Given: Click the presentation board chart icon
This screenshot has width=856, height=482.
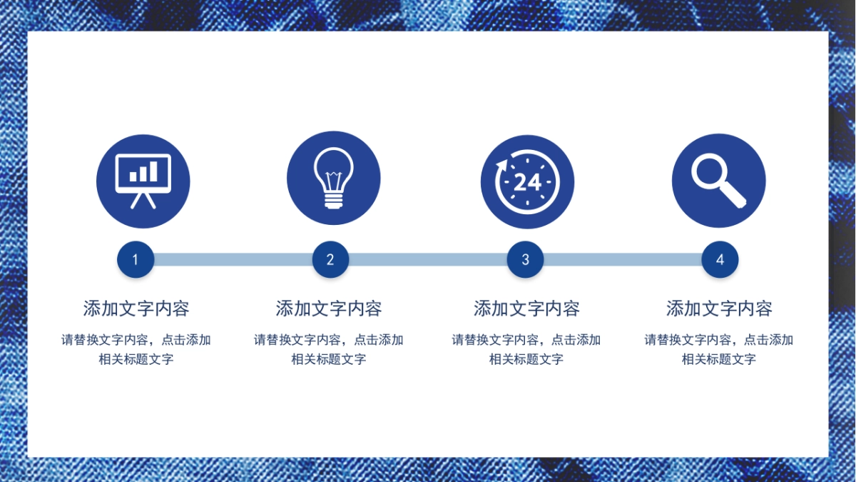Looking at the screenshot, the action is pos(143,181).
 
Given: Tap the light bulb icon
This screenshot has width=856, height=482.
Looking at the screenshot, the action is pos(333,179).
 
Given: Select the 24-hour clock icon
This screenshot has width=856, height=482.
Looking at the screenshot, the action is pos(527,181).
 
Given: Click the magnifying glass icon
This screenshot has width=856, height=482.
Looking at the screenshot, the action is pos(719,181).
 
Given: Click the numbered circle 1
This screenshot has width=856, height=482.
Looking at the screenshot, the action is pos(136,259).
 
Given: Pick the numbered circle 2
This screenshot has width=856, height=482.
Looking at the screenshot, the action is pos(330,259).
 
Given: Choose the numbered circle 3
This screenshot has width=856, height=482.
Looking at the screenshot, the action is pos(526,259).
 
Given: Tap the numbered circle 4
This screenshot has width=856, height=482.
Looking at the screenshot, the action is pos(720,259).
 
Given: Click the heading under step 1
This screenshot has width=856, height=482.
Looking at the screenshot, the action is pos(136,308).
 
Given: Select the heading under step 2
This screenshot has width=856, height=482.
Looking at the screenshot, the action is pos(329,308).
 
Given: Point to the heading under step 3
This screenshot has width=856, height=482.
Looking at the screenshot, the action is pos(526,308).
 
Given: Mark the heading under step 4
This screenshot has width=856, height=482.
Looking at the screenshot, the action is pos(719,308).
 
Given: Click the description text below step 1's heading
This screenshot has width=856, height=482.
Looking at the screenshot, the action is pos(136,349).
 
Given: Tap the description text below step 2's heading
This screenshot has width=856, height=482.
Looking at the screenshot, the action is pos(329,349).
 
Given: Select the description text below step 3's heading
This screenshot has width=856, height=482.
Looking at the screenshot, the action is pos(526,349).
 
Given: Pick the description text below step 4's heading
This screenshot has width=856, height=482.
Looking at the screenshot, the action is pos(719,349).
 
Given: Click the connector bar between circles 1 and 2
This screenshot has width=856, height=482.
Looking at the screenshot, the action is pos(233,259).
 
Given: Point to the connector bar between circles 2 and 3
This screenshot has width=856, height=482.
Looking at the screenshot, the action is pos(428,259).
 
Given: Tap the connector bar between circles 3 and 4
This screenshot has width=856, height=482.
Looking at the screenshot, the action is pos(623,259).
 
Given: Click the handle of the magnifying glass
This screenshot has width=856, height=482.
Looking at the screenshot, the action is pos(733,195).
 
